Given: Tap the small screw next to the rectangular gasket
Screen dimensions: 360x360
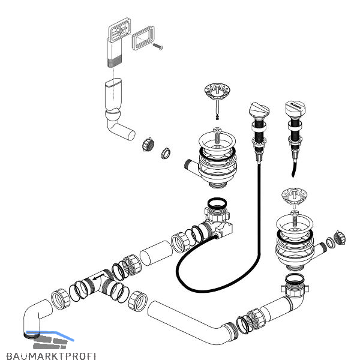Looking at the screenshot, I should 158,46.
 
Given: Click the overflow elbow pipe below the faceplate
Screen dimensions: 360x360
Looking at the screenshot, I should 115,108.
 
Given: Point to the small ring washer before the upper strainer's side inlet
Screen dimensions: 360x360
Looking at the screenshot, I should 166,154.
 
